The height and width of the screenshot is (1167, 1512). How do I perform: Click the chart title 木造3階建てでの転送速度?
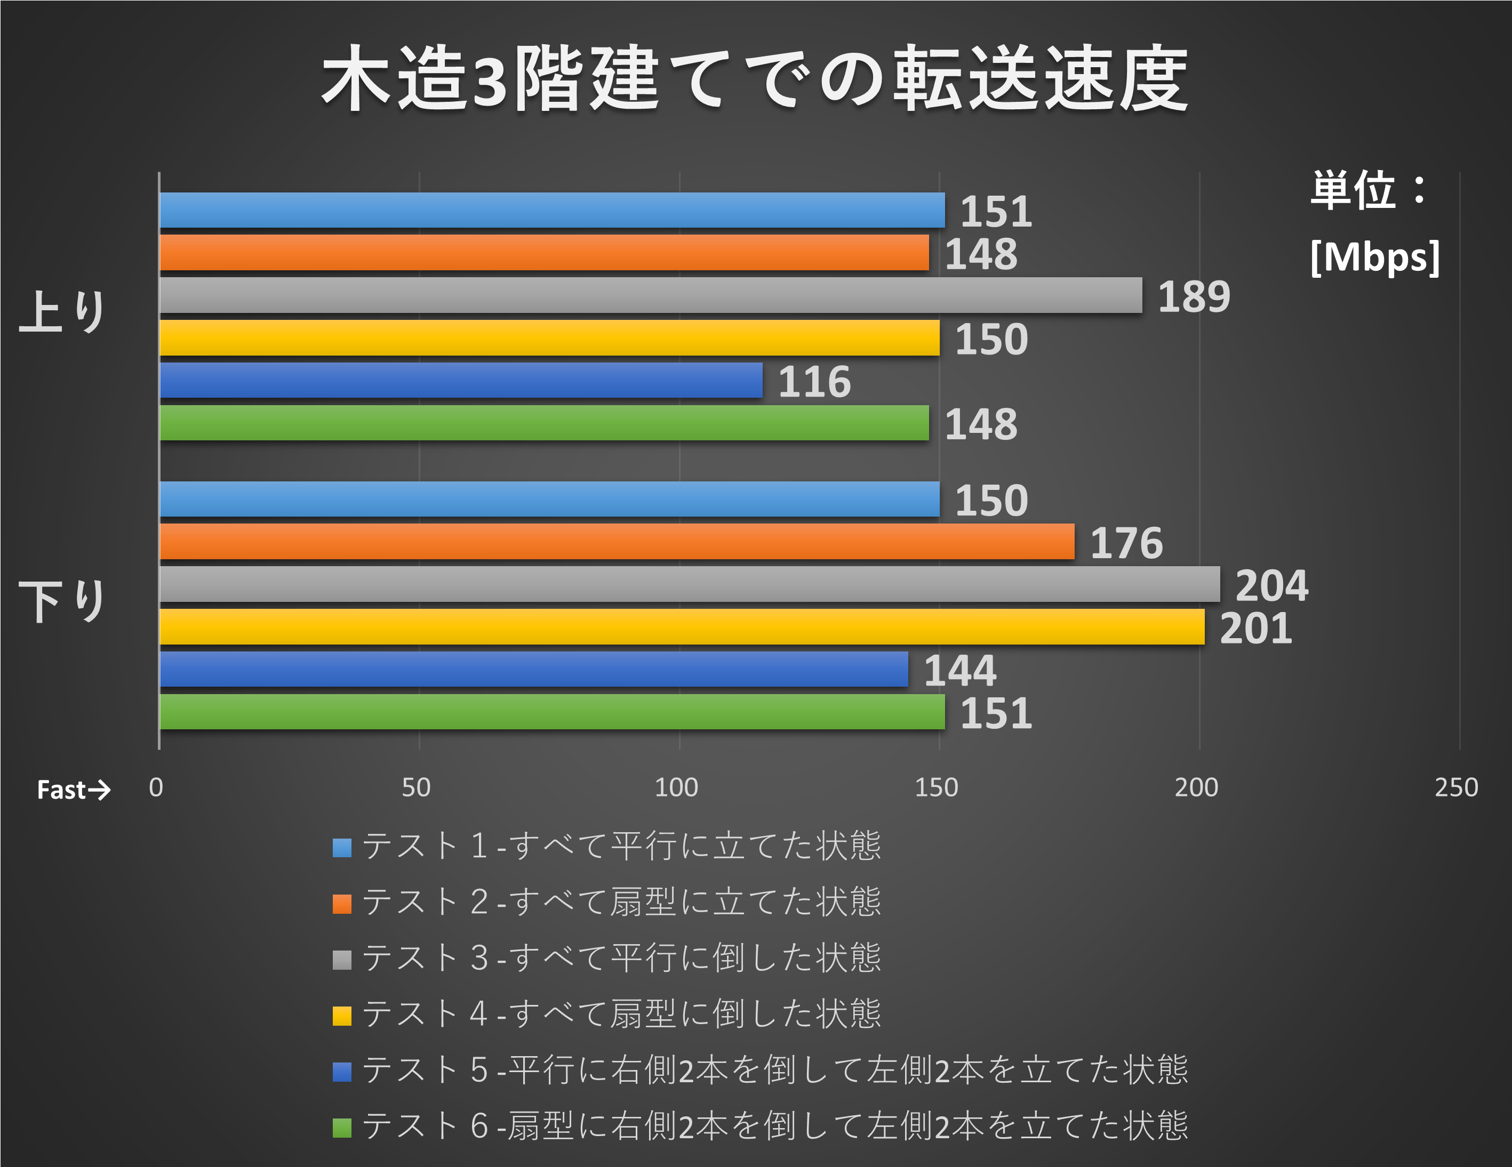tap(755, 77)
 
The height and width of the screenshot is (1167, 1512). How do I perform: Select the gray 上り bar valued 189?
tap(651, 295)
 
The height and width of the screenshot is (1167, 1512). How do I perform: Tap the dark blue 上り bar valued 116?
tap(461, 381)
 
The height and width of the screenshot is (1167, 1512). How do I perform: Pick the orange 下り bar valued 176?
tap(617, 541)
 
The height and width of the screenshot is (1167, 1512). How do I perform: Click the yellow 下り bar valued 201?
tap(682, 626)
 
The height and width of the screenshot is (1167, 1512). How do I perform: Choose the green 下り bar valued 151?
tap(552, 712)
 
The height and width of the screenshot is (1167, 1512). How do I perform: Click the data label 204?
tap(1271, 585)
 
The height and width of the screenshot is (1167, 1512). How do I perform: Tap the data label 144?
tap(959, 671)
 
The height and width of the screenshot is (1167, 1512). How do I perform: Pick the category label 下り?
tap(62, 601)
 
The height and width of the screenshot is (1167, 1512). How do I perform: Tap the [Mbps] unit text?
tap(1375, 257)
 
